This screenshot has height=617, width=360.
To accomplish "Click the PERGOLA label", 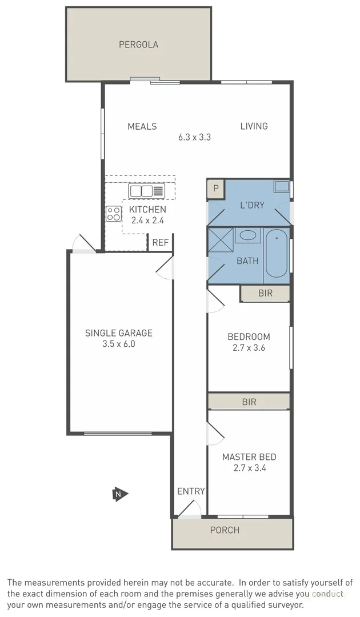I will (138, 45).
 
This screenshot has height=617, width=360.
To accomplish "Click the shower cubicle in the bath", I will (220, 240).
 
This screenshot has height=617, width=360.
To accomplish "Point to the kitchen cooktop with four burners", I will (113, 214).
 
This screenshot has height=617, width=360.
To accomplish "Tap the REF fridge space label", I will (161, 242).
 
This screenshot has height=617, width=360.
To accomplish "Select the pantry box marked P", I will (216, 189).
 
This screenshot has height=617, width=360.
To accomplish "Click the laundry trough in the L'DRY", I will (281, 186).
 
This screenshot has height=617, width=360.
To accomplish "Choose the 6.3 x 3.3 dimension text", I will (194, 137).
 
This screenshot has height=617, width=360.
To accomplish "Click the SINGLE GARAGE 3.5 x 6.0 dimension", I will (119, 344).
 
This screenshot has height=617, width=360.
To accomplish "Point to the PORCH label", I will (225, 530).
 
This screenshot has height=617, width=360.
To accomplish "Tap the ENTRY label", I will (190, 491).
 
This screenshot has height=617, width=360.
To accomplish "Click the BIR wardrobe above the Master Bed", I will (249, 402).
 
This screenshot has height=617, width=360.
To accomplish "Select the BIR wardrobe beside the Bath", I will (265, 294).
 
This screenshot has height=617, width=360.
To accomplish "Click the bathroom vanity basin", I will (247, 235).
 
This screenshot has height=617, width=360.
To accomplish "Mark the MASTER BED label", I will (249, 457).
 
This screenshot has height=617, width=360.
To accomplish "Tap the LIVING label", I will (254, 126).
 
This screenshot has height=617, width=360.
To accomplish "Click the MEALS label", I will (142, 126).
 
